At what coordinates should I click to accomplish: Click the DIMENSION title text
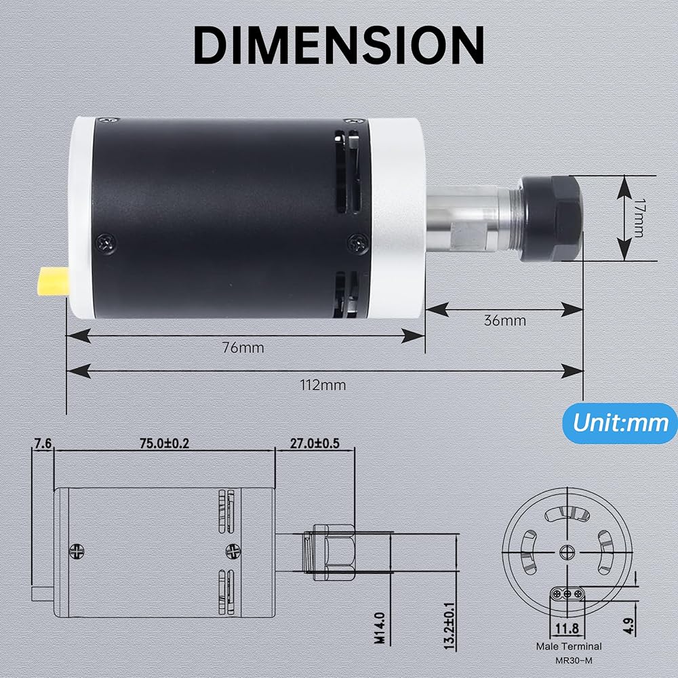point(338,45)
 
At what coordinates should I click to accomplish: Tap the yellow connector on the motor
point(53,281)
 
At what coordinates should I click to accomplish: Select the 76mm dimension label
point(243,348)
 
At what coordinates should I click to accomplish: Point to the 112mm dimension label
point(323,385)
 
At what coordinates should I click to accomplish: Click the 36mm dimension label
point(504,321)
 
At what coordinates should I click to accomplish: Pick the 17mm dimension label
point(637,218)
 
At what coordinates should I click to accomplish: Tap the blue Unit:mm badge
point(620,423)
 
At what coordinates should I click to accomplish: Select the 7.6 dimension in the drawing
point(43,443)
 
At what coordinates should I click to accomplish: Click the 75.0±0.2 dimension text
point(164,443)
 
